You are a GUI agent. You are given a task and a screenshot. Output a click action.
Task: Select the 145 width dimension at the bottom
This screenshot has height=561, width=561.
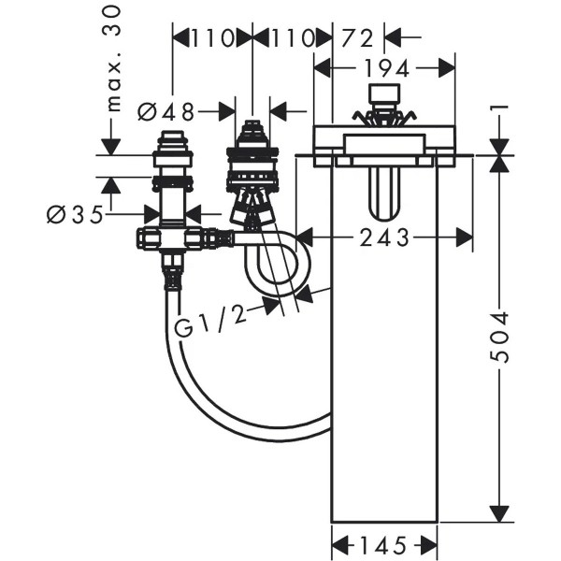[x=385, y=543]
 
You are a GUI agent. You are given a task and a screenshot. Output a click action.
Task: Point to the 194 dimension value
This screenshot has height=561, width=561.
[x=384, y=67]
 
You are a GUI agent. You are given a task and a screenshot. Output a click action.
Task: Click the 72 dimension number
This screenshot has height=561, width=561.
[x=359, y=37]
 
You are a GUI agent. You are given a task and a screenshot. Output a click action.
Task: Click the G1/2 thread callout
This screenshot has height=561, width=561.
[x=211, y=324]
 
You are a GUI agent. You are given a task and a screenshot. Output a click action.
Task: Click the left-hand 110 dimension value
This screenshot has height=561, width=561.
[x=211, y=37]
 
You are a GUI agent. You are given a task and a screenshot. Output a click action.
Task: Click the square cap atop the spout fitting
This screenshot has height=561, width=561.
[x=384, y=93]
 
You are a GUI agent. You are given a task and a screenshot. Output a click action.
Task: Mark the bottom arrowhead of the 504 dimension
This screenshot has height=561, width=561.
[x=502, y=511]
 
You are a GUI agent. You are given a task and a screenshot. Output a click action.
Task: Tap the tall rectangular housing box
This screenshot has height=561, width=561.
[x=384, y=393]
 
